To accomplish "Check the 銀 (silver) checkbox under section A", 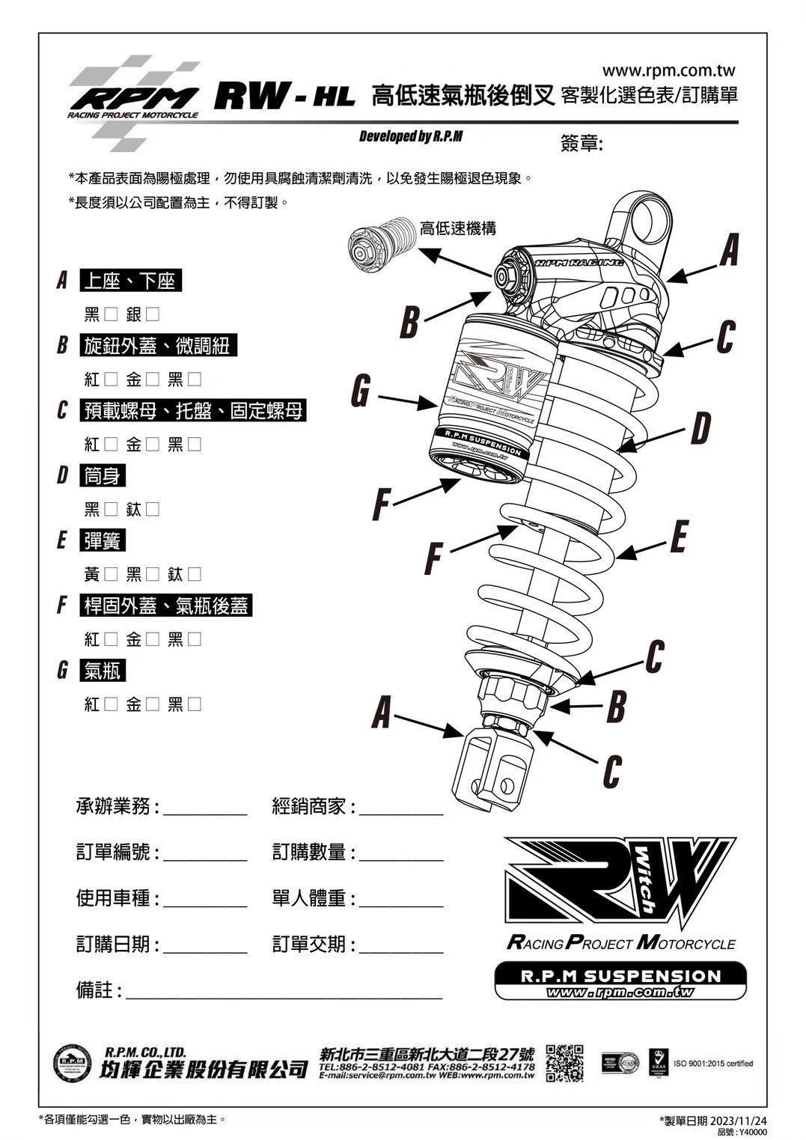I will coord(153,314).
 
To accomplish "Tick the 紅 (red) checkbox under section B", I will coord(111,380).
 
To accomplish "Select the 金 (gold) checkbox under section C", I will coord(153,445).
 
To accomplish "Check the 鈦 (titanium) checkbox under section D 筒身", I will coord(153,510).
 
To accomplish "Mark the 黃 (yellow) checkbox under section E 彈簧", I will coord(111,575).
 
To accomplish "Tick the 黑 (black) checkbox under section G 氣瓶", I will coord(195,704).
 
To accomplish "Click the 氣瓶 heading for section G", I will coord(103,671).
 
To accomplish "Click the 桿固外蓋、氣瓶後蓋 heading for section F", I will coord(165,606).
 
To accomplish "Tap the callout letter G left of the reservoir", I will coord(361,391).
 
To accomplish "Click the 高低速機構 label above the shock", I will coord(457,228).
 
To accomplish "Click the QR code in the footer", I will coord(564,1064).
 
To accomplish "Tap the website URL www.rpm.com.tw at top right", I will coord(668,70).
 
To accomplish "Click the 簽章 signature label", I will coord(581,143).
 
